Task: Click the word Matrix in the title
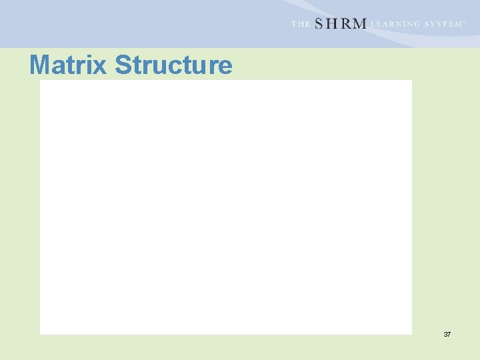point(68,65)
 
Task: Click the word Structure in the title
point(173,65)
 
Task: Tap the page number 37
point(447,334)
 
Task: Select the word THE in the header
point(300,24)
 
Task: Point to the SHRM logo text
point(340,24)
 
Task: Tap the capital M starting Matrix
point(40,65)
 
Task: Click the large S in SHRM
point(319,24)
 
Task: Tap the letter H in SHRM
point(333,24)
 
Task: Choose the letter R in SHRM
point(345,24)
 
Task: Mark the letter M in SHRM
point(359,24)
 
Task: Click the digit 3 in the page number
point(445,334)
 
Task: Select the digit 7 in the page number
point(449,334)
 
